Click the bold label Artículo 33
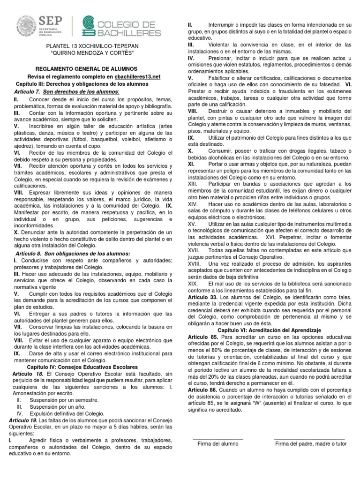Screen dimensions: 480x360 click(202, 297)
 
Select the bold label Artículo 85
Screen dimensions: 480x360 click(202, 337)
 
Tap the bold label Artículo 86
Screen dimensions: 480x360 click(202, 390)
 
